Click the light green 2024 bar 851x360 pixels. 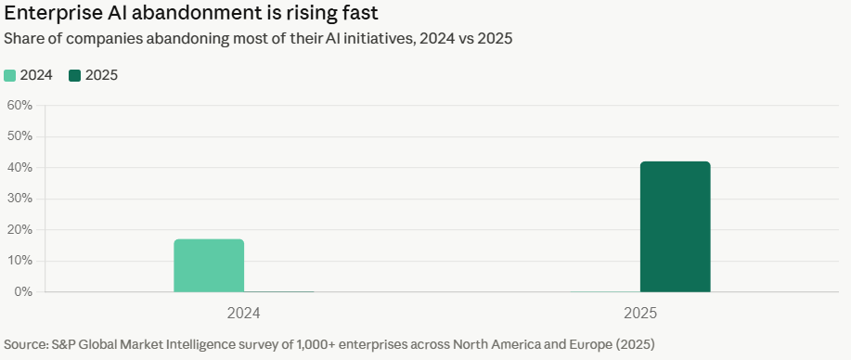click(x=209, y=265)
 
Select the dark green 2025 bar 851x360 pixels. click(x=676, y=226)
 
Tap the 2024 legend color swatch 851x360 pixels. click(x=10, y=75)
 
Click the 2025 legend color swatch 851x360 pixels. click(x=75, y=75)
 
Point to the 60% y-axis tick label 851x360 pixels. click(x=19, y=106)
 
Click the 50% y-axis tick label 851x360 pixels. click(x=19, y=136)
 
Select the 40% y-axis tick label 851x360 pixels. click(x=19, y=168)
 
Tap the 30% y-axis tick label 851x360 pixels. click(x=19, y=199)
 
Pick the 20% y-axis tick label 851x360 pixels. click(x=19, y=230)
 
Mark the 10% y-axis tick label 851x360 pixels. click(x=19, y=261)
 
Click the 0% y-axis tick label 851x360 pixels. click(x=23, y=291)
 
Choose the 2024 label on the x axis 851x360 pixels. click(x=244, y=314)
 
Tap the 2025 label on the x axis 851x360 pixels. click(x=640, y=314)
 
